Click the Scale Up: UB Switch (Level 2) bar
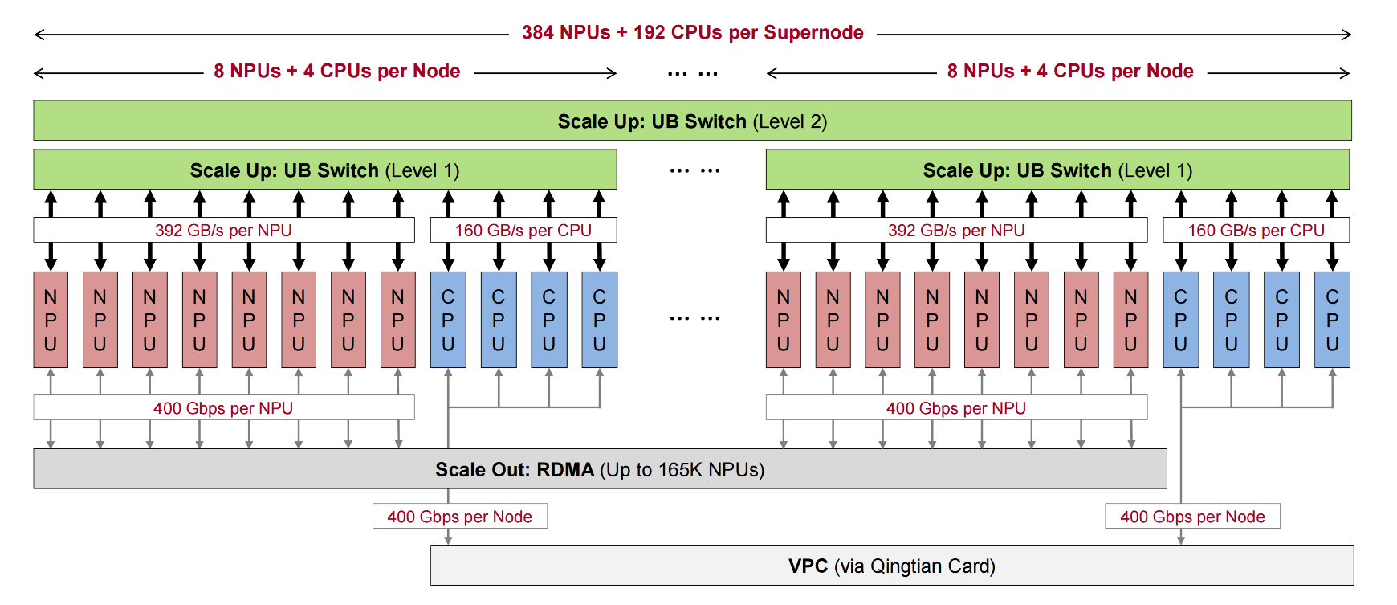click(x=692, y=121)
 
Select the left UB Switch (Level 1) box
click(x=324, y=170)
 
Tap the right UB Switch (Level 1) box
click(x=1057, y=170)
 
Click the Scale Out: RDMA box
click(x=599, y=469)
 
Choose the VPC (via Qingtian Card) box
click(x=891, y=566)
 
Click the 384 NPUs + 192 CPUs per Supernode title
click(x=692, y=32)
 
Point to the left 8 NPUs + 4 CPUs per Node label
click(x=336, y=71)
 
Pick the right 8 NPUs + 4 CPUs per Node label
click(x=1069, y=71)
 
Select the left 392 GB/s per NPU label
click(x=223, y=230)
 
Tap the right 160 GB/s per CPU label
click(x=1256, y=230)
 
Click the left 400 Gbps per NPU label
click(x=223, y=408)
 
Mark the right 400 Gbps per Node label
click(x=1192, y=517)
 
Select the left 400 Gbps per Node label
click(x=459, y=517)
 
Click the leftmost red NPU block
click(x=51, y=320)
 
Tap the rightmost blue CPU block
click(x=1332, y=320)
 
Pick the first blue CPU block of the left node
click(x=448, y=320)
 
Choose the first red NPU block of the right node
click(x=783, y=320)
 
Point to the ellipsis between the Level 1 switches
click(x=694, y=170)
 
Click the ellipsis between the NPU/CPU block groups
click(x=694, y=318)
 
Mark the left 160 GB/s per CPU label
click(x=523, y=230)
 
